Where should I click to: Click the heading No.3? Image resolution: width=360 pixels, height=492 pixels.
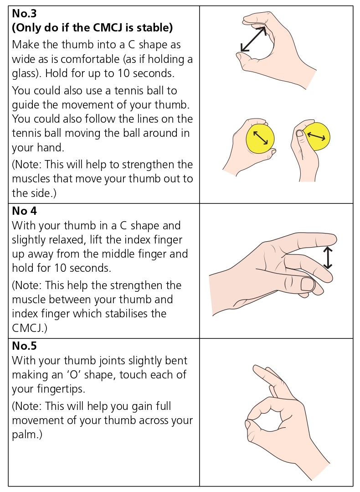click(24, 13)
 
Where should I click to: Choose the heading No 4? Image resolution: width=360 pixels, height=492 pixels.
click(24, 211)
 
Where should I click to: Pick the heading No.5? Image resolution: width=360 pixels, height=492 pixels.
click(24, 346)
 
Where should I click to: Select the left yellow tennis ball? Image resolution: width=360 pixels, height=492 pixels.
click(260, 138)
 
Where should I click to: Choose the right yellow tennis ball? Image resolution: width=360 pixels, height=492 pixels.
click(317, 136)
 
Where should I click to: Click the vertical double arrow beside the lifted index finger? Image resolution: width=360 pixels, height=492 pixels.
click(328, 258)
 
